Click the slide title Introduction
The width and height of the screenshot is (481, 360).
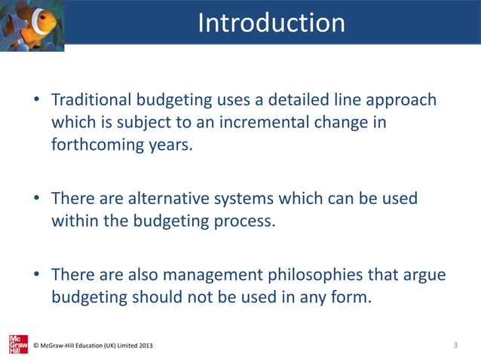coord(271,23)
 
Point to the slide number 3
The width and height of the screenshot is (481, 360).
coord(456,345)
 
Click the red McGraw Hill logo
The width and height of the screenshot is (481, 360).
coord(17,343)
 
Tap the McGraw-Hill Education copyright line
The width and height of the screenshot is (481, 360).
coord(93,346)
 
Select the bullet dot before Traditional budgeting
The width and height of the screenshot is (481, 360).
coord(35,101)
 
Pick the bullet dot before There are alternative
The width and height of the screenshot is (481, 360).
coord(35,200)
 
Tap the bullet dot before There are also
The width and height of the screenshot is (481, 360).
coord(35,276)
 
